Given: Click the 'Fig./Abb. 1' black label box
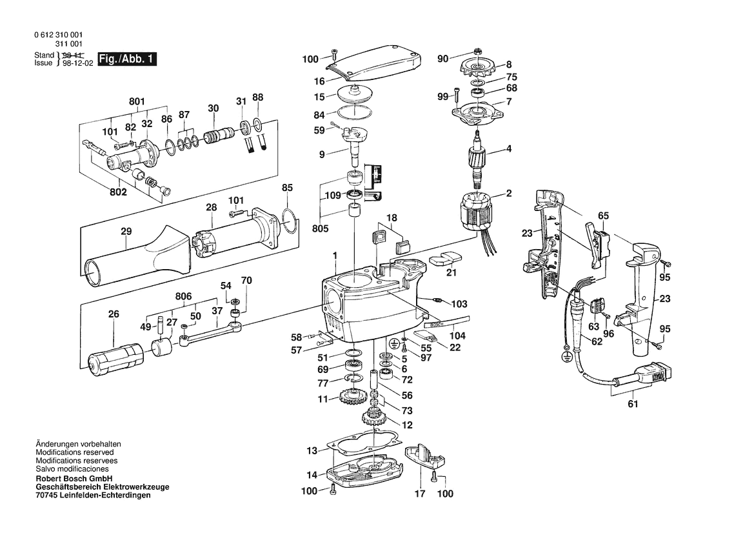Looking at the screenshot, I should click(x=128, y=59).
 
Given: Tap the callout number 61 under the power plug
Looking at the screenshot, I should click(x=632, y=405).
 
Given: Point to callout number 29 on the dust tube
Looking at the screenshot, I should click(x=126, y=232).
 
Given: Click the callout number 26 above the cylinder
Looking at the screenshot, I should click(x=114, y=314).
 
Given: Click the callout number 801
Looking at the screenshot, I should click(x=137, y=101).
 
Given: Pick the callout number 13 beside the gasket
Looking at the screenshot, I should click(x=312, y=450).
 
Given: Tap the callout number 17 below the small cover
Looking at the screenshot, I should click(x=420, y=494).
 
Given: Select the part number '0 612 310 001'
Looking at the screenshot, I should click(x=60, y=35).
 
